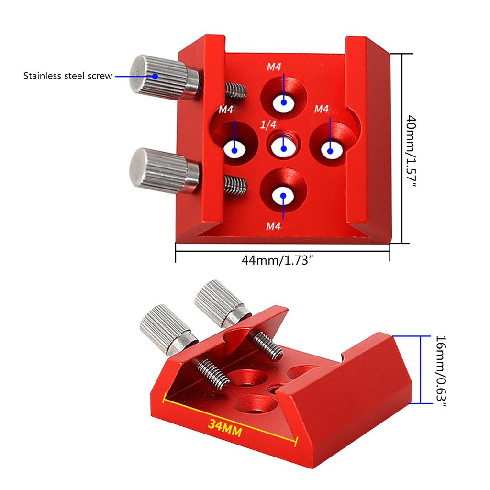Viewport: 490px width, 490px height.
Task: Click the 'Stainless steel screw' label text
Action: [x=67, y=76]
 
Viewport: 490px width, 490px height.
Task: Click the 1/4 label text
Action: [x=268, y=125]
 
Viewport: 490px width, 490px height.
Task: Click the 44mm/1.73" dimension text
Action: [x=280, y=261]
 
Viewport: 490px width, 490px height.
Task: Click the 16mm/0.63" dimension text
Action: [x=441, y=371]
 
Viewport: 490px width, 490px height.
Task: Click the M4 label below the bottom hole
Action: [x=273, y=226]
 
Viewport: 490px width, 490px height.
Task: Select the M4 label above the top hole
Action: [x=274, y=67]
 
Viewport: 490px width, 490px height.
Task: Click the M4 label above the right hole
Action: [x=322, y=109]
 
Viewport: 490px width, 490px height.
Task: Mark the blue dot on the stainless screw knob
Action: [x=155, y=76]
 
